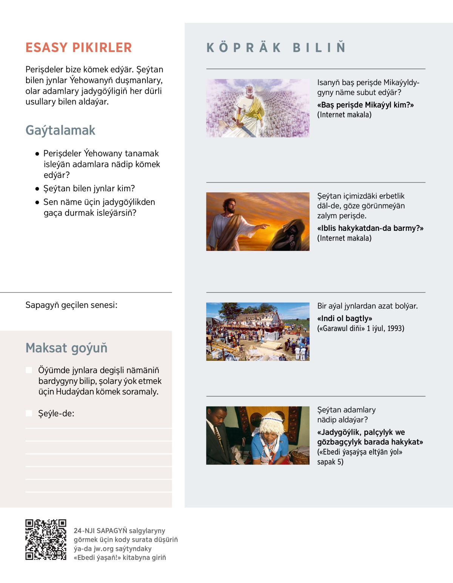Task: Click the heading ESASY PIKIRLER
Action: [x=79, y=48]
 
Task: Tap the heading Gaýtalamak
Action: [x=60, y=130]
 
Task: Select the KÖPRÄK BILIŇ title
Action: [x=276, y=48]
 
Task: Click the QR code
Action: [x=46, y=539]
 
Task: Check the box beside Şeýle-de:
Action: [x=29, y=413]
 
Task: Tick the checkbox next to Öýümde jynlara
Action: [x=29, y=370]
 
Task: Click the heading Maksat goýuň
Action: [x=66, y=348]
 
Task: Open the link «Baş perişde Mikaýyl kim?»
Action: [x=365, y=105]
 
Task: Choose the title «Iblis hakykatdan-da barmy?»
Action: [x=370, y=228]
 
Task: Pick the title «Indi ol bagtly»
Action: [x=345, y=319]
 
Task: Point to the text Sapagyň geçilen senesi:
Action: [x=71, y=305]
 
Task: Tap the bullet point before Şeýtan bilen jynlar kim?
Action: [x=37, y=189]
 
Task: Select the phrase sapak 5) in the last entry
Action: [x=330, y=462]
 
